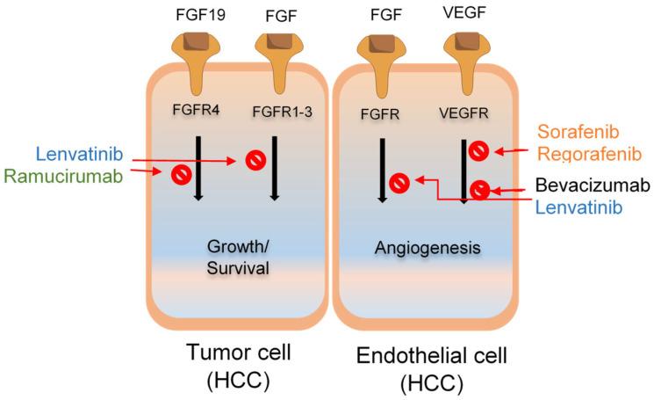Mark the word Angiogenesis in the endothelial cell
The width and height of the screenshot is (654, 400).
pos(426,248)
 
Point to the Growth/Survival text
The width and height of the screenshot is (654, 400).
pos(236,258)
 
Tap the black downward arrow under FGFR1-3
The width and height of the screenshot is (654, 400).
pos(275,167)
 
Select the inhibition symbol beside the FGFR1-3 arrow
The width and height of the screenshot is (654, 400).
pos(254,160)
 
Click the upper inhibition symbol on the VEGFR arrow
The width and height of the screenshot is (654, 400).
pos(477,150)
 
